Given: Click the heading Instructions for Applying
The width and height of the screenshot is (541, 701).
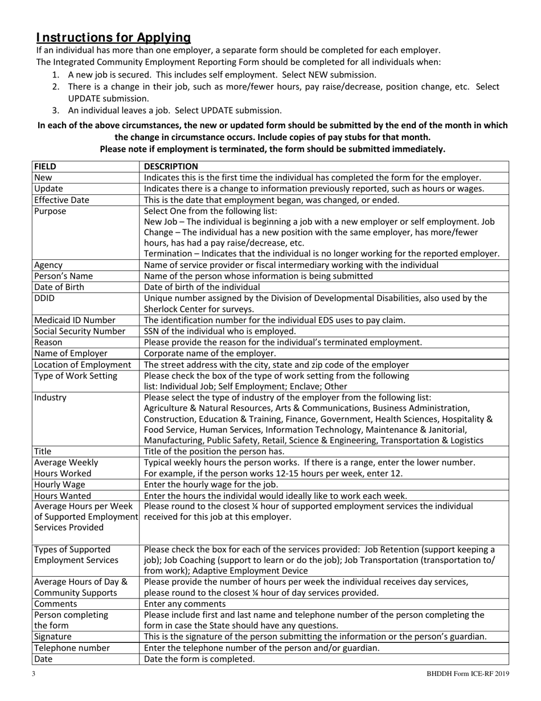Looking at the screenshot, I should (x=113, y=38).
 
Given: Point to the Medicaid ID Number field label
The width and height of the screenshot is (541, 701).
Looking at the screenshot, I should (x=75, y=320).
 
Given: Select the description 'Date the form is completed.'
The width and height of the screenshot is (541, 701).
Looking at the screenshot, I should (x=199, y=659).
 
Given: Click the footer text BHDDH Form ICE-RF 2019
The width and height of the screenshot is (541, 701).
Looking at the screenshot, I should (x=468, y=674).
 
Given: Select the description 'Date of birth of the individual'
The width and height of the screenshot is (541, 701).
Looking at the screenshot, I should (x=202, y=287).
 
